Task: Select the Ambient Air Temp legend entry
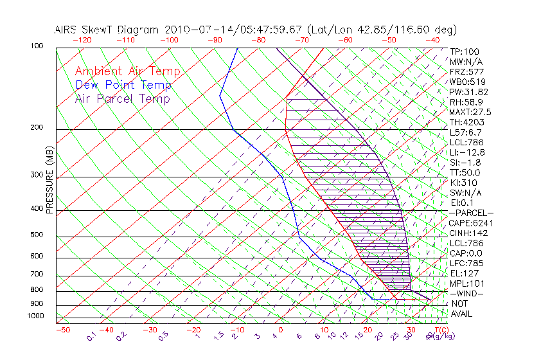coord(127,71)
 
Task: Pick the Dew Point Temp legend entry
coord(123,85)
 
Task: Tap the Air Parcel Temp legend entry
coord(122,98)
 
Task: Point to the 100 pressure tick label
coord(37,46)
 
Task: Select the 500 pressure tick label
coord(37,235)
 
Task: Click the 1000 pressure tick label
coord(35,316)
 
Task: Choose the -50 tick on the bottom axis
coord(62,330)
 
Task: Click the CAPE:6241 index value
coord(472,223)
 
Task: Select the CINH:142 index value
coord(468,233)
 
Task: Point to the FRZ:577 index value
coord(467,71)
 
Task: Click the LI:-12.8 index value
coord(468,152)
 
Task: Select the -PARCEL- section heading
coord(472,213)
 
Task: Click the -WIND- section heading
coord(468,293)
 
